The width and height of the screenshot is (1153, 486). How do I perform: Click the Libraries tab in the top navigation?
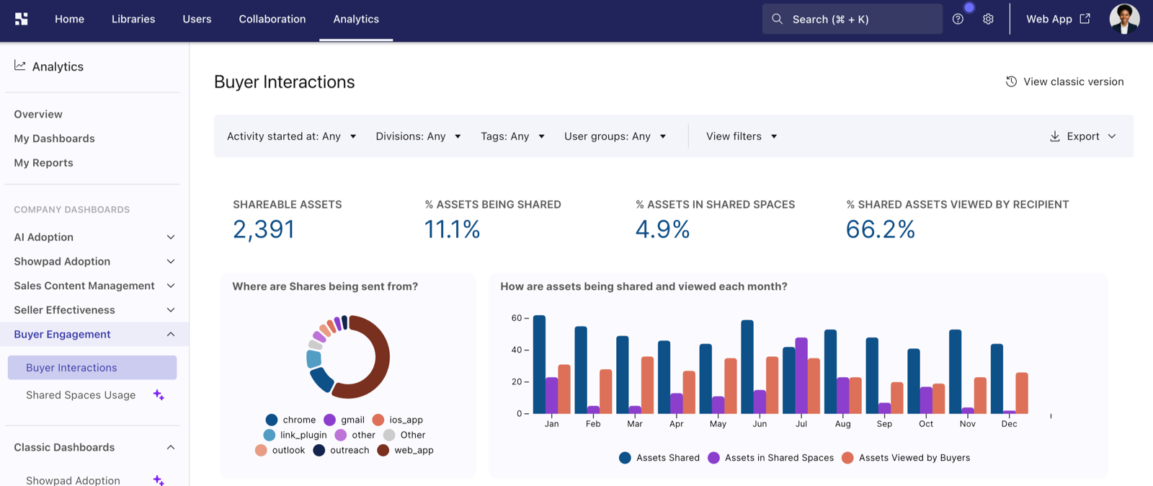coord(133,19)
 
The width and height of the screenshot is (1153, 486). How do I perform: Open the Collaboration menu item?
coord(272,19)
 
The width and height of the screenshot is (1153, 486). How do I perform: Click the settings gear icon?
coord(988,19)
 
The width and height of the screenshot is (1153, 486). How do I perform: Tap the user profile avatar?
coord(1124,19)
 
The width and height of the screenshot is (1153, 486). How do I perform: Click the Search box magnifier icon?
coord(778,19)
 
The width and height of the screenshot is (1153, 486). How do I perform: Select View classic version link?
coord(1065,81)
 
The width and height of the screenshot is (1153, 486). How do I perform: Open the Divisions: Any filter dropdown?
coord(418,136)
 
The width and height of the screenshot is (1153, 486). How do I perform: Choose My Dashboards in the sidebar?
coord(54,138)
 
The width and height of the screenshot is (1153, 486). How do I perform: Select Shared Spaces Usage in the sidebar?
coord(81,395)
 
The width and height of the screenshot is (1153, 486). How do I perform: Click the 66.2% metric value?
coord(880,229)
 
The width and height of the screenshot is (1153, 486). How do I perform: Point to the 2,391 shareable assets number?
coord(264,229)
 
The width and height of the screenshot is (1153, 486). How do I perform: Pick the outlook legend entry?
coord(280,450)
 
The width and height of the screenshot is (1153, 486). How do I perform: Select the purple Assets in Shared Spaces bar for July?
coord(801,375)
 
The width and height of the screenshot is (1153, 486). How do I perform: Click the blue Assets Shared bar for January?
coord(539,364)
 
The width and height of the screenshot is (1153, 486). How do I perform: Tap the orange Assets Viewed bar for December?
coord(1022,393)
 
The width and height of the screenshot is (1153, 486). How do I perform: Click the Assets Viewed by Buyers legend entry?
coord(906,458)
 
